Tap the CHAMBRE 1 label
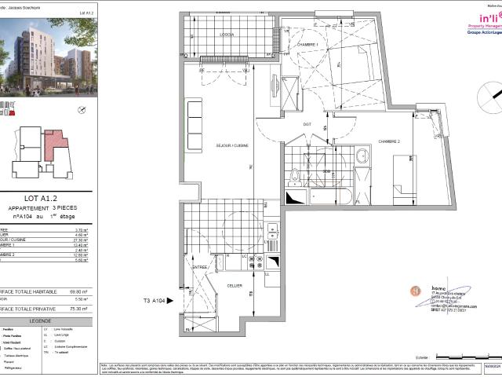coord(307,46)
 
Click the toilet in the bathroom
coord(295,175)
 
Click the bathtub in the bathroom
coord(329,196)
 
